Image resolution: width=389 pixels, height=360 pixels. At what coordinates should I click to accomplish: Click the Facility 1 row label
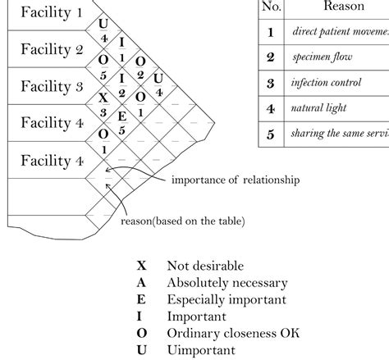coord(51,12)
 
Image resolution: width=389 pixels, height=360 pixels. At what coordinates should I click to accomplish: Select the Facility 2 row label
coord(51,49)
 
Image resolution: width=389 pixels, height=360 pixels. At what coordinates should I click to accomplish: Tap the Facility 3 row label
coord(51,86)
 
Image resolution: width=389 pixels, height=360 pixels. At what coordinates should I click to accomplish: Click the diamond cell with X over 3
coord(103,105)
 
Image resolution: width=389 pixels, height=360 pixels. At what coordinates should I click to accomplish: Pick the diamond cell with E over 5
coord(121,123)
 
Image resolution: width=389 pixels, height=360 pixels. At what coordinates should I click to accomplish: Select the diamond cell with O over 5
coord(103,68)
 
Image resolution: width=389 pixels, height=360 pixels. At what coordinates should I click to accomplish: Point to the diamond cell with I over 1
coord(121,49)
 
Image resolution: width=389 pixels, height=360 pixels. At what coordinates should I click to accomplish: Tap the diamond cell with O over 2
coord(140,68)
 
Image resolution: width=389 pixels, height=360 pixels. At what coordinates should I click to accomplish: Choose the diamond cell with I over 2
coord(121,86)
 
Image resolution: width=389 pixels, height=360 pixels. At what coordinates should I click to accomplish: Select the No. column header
coord(270,7)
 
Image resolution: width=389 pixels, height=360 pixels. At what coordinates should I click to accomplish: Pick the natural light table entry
coord(318,107)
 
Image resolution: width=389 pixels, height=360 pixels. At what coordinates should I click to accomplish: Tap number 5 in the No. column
coord(270,133)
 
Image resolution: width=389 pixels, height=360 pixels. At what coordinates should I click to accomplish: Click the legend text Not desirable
coord(205,267)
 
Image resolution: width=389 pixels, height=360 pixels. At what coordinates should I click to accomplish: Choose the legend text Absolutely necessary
coord(227,283)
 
